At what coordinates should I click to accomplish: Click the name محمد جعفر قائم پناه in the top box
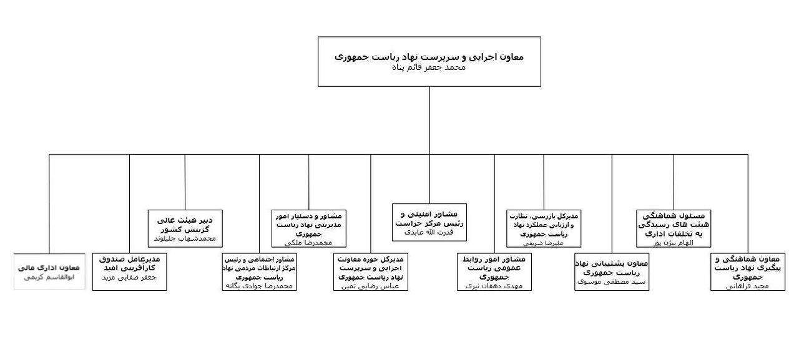[429, 67]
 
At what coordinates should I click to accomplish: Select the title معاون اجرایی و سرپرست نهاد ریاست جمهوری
[429, 56]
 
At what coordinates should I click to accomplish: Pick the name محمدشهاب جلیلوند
[185, 238]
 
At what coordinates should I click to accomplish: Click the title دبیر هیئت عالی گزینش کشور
[185, 225]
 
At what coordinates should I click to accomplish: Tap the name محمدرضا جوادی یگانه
[259, 285]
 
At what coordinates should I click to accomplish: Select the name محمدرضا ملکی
[308, 242]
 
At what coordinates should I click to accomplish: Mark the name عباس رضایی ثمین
[370, 285]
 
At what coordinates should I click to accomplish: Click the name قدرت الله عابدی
[429, 233]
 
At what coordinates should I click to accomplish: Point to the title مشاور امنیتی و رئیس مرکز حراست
[429, 218]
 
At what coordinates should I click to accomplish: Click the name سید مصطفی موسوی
[611, 282]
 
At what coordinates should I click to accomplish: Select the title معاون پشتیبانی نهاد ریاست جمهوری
[611, 268]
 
